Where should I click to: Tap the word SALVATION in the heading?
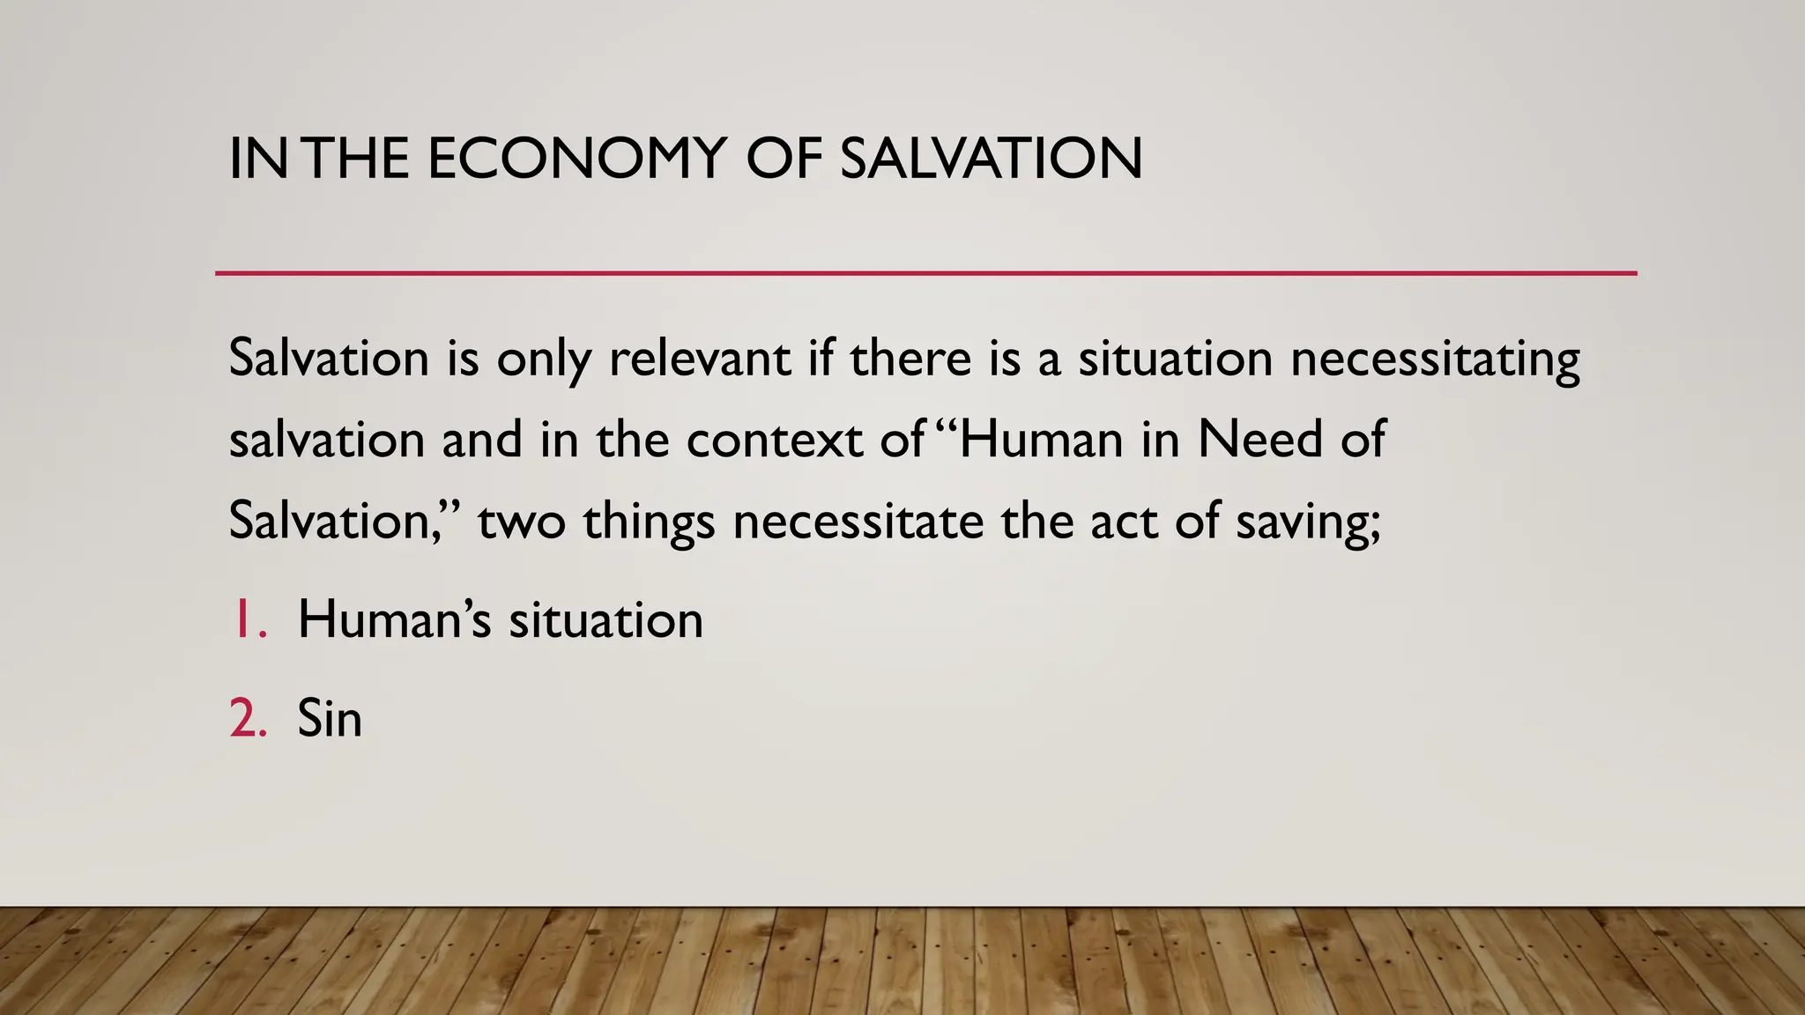coord(991,159)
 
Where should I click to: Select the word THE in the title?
coord(359,159)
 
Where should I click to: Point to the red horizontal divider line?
coord(925,273)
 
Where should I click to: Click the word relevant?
coord(700,359)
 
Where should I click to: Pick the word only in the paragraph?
coord(543,359)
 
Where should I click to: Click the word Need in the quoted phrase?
coord(1260,440)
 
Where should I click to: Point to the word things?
coord(649,522)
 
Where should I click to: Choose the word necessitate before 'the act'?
coord(858,522)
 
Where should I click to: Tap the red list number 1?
coord(247,619)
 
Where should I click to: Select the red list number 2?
coord(248,718)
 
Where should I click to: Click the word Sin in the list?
coord(330,718)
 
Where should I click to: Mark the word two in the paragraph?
coord(521,522)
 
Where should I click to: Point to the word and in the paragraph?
coord(481,440)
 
